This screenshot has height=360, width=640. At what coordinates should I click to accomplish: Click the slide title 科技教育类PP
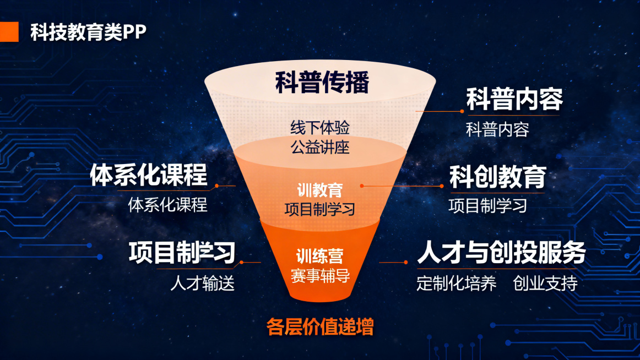(x=88, y=32)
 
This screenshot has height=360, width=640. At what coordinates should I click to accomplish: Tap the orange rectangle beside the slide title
(x=9, y=32)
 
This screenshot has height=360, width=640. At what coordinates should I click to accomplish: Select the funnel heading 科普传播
(x=322, y=83)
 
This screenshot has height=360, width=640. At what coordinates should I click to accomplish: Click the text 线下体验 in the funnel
(x=320, y=128)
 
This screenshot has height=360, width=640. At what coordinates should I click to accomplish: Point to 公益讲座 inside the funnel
(x=320, y=147)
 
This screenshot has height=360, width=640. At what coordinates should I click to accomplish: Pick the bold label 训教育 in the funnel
(x=320, y=190)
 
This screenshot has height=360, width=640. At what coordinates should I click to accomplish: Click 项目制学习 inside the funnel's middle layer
(x=320, y=209)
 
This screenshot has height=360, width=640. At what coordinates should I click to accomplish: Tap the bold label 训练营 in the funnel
(x=320, y=256)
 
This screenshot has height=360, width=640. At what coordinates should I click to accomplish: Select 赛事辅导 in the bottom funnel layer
(x=320, y=275)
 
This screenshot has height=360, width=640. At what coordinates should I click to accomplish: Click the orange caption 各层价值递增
(x=320, y=327)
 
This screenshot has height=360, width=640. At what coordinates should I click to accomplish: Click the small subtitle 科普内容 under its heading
(x=497, y=130)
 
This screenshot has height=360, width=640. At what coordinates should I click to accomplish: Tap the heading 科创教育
(x=498, y=177)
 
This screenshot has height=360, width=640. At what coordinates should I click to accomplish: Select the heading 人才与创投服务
(x=501, y=253)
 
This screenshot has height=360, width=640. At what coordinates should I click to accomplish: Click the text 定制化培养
(x=457, y=283)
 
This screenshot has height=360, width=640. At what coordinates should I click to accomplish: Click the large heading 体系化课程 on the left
(x=149, y=174)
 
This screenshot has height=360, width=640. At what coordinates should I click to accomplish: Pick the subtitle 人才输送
(x=202, y=283)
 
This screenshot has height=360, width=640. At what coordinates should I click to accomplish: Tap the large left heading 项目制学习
(x=182, y=252)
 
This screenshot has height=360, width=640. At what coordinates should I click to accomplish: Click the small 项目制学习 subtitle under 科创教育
(x=488, y=206)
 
